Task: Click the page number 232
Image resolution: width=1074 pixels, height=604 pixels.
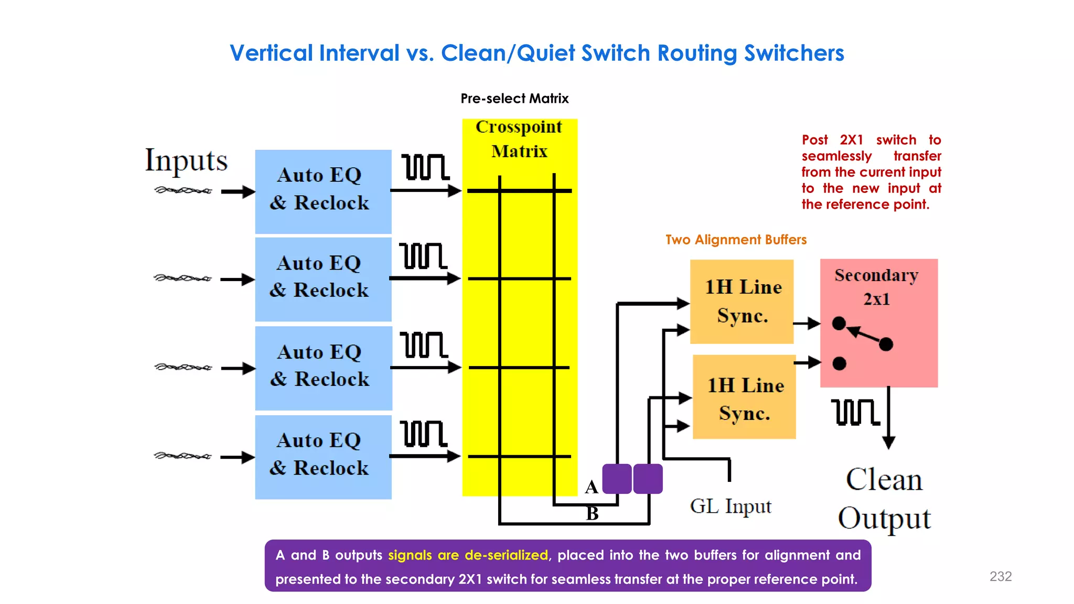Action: tap(1000, 576)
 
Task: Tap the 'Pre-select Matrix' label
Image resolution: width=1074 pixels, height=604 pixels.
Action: tap(514, 99)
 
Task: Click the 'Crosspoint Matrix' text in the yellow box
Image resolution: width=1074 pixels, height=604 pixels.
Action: tap(519, 139)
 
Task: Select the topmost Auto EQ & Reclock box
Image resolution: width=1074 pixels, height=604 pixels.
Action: tap(323, 191)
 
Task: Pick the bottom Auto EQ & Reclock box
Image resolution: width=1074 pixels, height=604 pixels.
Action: tap(323, 457)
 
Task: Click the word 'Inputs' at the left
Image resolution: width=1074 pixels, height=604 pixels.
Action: tap(186, 160)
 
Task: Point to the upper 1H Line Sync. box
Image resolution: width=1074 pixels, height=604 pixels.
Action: tap(742, 301)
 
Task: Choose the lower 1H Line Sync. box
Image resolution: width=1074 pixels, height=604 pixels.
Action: tap(744, 397)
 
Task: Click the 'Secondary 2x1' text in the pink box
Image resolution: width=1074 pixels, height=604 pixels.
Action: tap(876, 287)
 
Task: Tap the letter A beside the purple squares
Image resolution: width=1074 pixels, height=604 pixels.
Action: tap(592, 487)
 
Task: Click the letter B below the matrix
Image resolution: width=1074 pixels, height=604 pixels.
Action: tap(592, 513)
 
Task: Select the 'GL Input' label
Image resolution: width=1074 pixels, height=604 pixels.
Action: tap(731, 506)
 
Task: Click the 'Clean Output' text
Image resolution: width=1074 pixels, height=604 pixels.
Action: tap(884, 499)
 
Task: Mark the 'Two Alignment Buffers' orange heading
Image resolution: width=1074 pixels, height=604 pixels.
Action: tap(736, 240)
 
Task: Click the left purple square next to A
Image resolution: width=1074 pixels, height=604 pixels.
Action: tap(617, 479)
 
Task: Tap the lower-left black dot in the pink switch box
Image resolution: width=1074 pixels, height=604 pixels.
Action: tap(839, 363)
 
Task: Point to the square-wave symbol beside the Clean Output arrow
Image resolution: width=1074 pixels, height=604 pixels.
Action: tap(855, 412)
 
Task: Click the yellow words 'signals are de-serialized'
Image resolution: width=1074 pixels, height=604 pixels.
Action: tap(468, 555)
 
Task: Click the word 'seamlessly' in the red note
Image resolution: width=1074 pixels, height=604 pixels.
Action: tap(836, 156)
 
